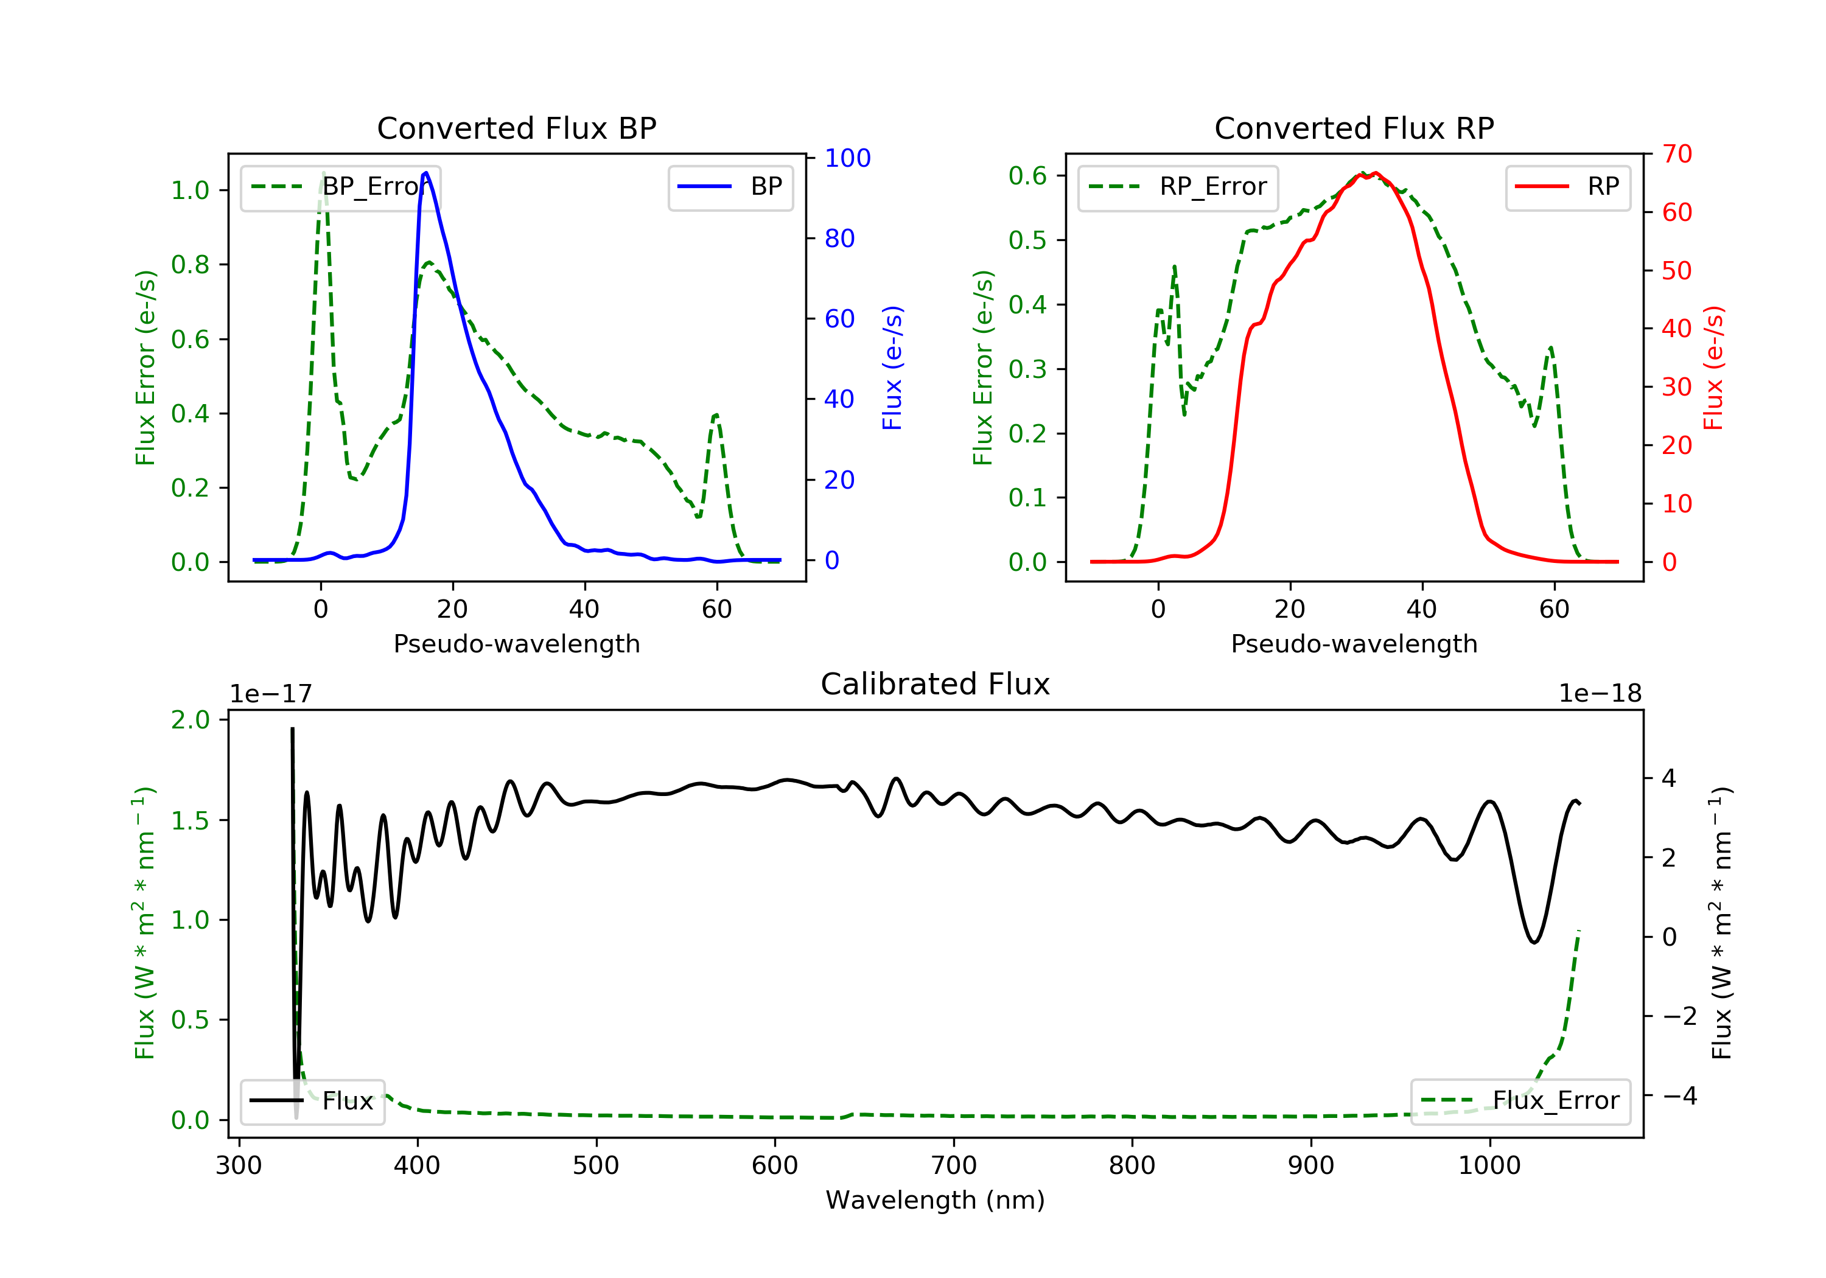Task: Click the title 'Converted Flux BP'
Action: [516, 128]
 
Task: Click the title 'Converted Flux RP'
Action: [1354, 128]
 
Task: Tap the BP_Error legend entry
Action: [340, 187]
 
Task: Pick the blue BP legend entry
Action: [730, 187]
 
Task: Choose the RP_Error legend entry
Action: [1178, 187]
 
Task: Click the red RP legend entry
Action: [1567, 187]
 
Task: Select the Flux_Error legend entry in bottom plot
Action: [1520, 1101]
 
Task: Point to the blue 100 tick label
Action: [848, 158]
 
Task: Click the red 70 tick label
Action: [1677, 153]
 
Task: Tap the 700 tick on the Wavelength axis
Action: [954, 1166]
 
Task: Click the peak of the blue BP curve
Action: [426, 173]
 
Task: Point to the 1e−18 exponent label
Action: [1600, 694]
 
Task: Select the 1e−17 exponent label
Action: [270, 694]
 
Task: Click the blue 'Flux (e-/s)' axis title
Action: [892, 368]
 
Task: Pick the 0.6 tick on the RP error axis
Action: [1027, 176]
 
